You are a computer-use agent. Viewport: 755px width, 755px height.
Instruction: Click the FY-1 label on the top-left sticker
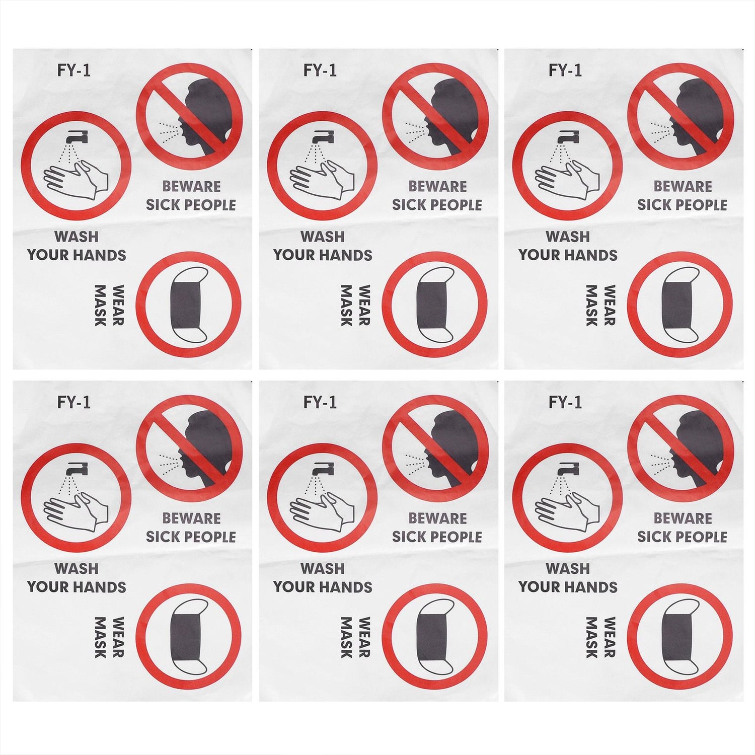pos(74,70)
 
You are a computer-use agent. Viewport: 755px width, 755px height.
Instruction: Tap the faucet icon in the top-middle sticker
pos(322,136)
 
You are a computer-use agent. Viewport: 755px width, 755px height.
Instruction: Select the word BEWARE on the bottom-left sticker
pos(191,518)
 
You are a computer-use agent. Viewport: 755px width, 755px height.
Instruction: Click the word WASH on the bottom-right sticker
pos(568,568)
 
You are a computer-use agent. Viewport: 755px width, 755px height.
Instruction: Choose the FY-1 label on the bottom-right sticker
pos(565,403)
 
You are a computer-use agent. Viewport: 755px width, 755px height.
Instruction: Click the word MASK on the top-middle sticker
pos(346,305)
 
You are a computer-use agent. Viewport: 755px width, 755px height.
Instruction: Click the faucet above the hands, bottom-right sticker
pos(567,468)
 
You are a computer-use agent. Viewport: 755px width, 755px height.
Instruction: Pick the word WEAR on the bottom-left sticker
pos(117,637)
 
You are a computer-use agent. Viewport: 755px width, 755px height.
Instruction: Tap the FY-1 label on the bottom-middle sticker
pos(320,403)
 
